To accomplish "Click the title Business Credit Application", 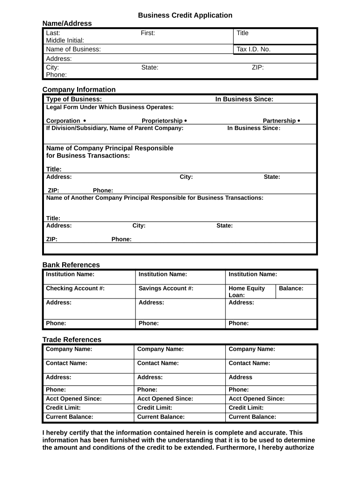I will pos(185,15).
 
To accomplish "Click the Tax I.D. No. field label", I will pos(253,49).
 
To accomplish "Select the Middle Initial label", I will pos(65,40).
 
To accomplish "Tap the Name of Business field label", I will pos(73,49).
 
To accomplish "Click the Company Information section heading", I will pos(79,89).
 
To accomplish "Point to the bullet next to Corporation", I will pos(85,120).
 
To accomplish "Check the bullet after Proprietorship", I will pos(186,120).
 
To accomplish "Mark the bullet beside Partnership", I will pos(299,120).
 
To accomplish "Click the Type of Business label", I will pos(74,99).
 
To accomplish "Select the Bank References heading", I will pos(71,265).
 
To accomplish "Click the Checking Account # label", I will pos(75,288).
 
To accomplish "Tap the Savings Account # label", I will pos(166,288).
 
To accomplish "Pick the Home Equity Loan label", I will pos(246,291).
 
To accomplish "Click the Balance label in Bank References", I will pos(291,288).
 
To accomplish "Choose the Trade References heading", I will pos(72,340).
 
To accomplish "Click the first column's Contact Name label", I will pos(66,363).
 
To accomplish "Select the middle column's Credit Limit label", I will pos(154,407).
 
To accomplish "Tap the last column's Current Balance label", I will pos(252,417).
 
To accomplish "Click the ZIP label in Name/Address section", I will pos(258,67).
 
